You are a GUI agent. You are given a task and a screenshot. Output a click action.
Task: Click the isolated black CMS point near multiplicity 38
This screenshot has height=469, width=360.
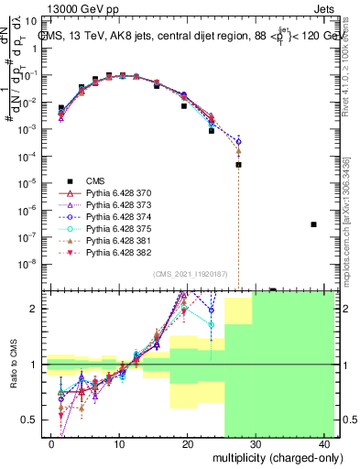pyautogui.click(x=313, y=224)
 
